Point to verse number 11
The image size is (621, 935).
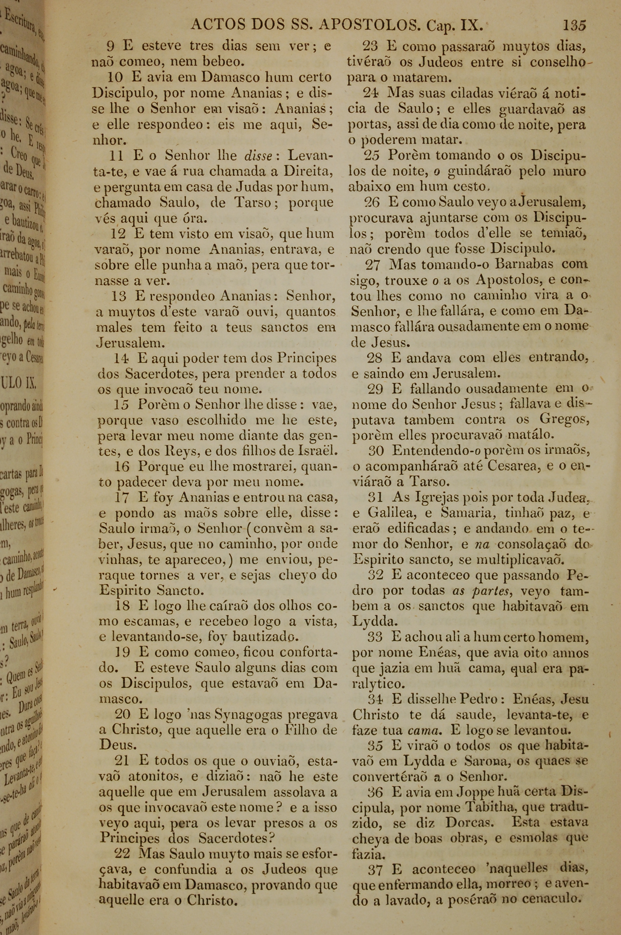116,156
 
